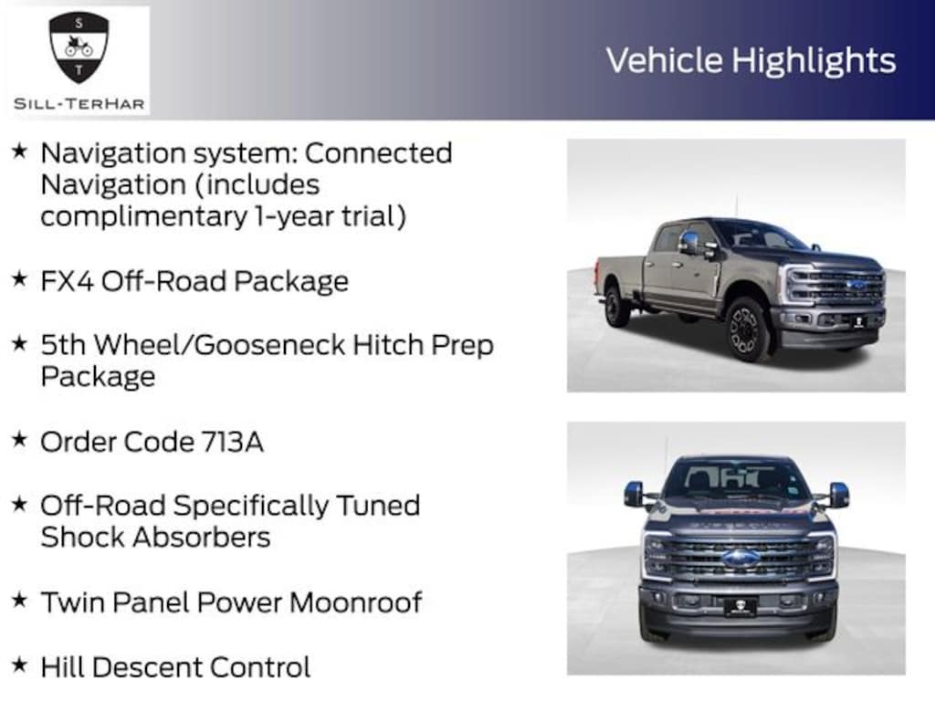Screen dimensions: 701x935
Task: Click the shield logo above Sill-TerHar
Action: coord(79,47)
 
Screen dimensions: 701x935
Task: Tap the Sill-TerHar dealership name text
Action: coord(79,103)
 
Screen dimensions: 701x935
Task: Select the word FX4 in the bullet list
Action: coord(68,281)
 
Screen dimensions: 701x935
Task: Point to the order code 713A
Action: coord(232,442)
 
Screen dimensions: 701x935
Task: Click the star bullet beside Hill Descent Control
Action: coord(19,664)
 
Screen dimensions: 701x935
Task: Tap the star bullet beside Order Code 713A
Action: coord(19,439)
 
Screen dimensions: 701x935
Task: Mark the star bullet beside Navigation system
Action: coord(19,151)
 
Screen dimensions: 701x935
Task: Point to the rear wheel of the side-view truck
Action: coord(618,307)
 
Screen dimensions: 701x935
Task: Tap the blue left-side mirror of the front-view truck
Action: coord(634,494)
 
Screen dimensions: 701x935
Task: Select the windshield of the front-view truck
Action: coord(735,480)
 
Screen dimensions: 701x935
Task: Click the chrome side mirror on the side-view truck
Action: coord(690,243)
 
